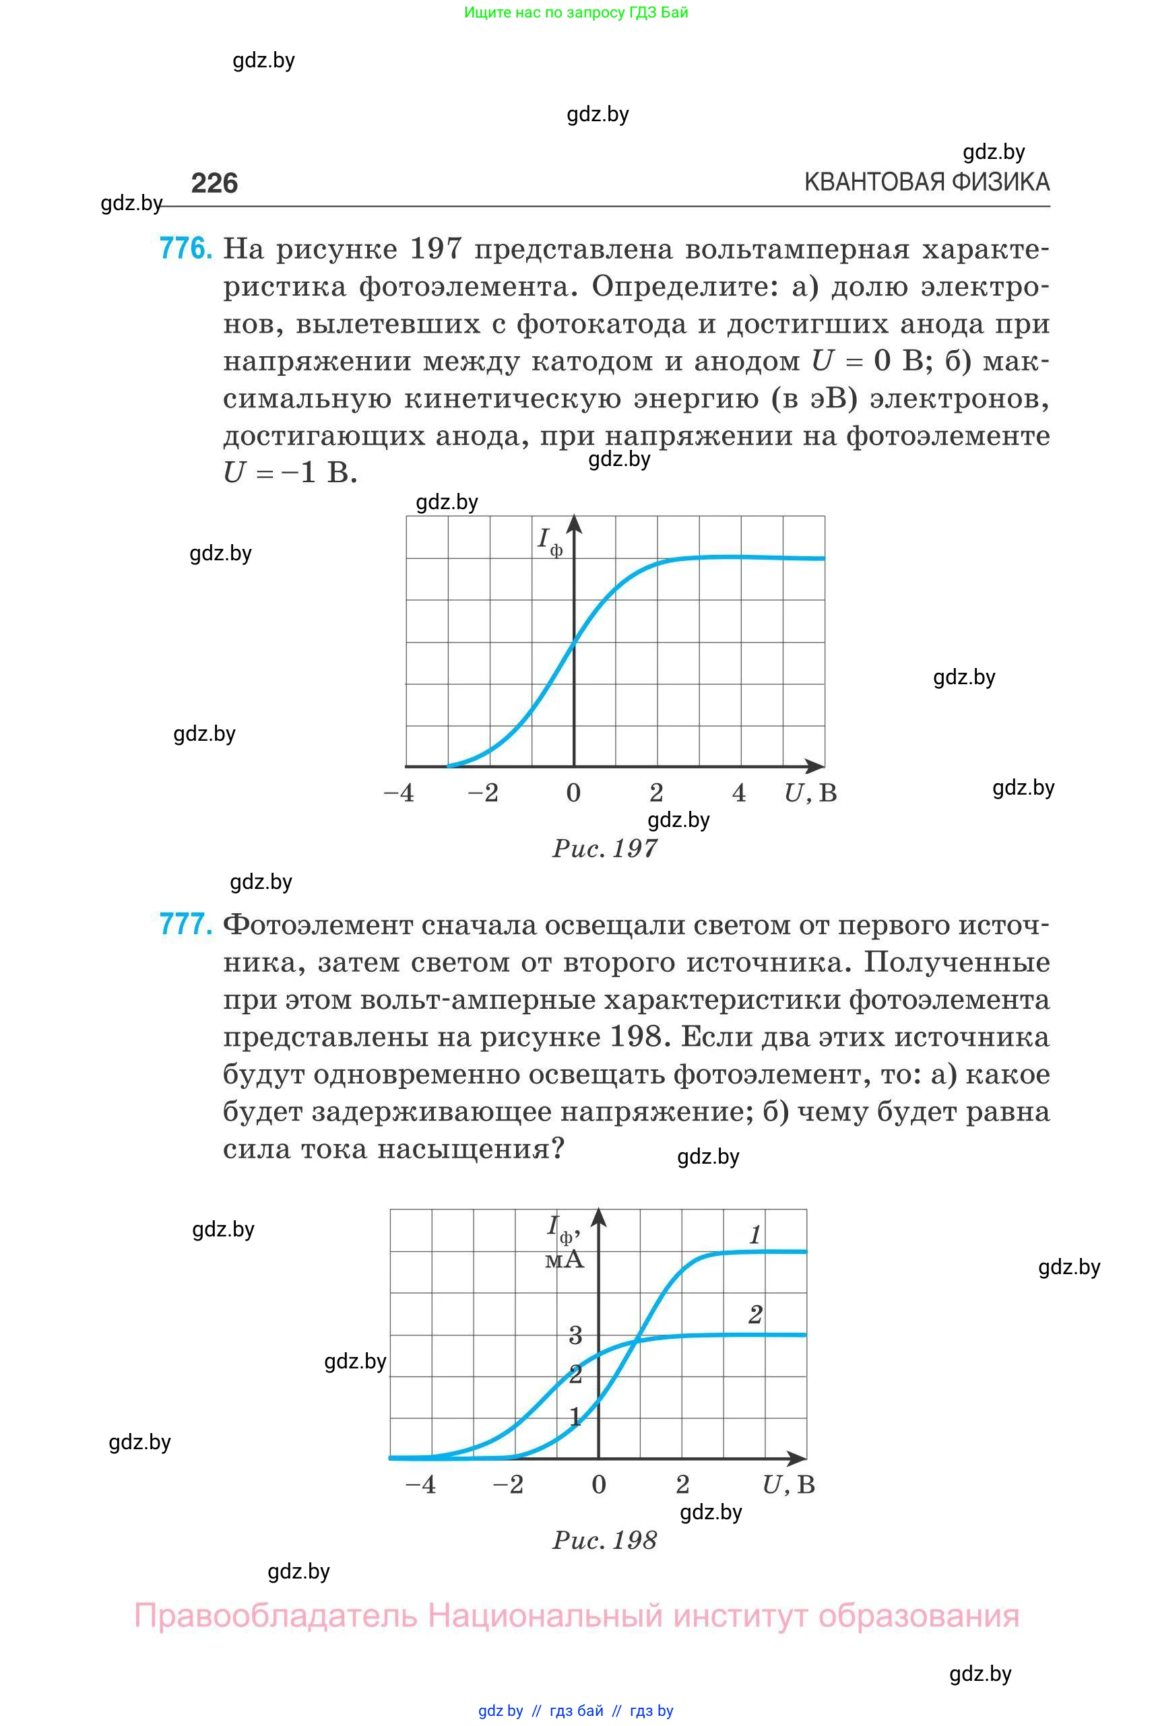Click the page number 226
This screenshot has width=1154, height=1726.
[214, 183]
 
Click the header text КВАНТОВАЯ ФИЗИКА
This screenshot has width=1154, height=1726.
[926, 182]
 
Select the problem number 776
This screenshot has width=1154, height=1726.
[185, 248]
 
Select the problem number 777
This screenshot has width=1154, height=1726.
[185, 924]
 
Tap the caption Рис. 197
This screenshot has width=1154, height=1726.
[604, 849]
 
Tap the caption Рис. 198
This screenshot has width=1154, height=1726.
[604, 1540]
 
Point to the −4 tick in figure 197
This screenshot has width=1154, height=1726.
[399, 793]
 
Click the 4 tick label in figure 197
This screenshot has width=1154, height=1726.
[739, 793]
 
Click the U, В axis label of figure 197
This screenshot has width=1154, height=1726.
[810, 793]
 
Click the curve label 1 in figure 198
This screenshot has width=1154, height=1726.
[755, 1235]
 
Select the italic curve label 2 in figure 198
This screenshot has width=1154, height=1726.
[755, 1315]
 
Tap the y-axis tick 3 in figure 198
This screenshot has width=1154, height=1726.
[575, 1335]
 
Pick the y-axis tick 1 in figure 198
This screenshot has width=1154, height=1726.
[575, 1416]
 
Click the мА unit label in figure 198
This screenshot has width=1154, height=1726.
[565, 1260]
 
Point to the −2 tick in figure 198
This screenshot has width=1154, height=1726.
[508, 1485]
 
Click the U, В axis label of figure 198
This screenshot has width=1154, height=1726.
[788, 1485]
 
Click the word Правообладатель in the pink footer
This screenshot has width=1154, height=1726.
[276, 1616]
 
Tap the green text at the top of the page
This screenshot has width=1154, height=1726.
[575, 13]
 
